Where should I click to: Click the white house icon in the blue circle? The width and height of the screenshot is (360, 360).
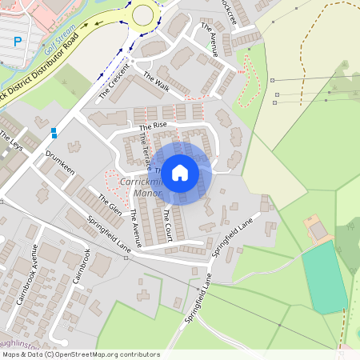coord(180,172)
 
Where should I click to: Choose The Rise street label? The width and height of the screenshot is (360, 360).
coord(153,126)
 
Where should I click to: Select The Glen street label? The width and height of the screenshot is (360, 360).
coord(110,206)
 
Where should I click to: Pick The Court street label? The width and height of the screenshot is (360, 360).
coord(166,215)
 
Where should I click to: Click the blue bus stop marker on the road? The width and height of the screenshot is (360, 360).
coord(54,132)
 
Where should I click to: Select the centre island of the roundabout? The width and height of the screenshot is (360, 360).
coord(143,14)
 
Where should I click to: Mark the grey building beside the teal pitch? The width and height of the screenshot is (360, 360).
coord(318,230)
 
